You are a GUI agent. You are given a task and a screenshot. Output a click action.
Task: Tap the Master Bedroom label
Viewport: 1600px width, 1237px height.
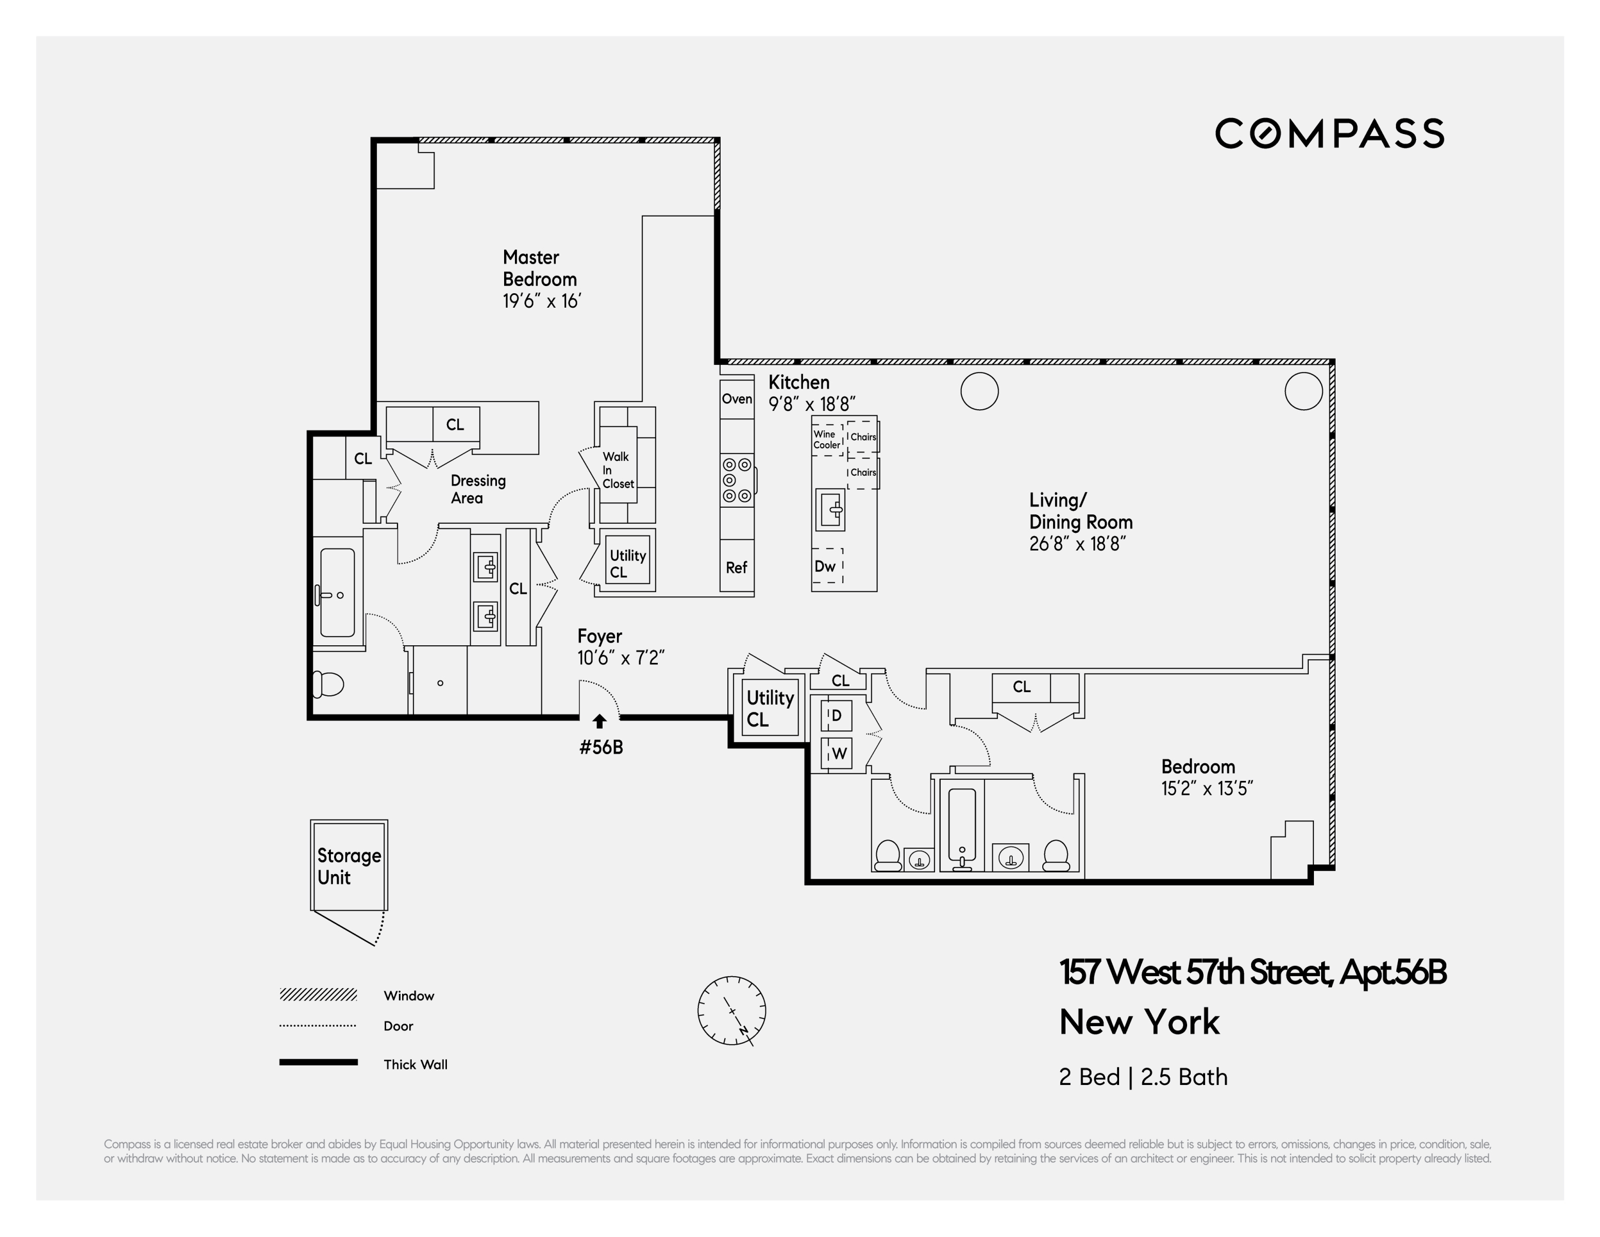(539, 268)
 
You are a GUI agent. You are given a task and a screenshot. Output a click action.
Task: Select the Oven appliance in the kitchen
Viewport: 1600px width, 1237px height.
(736, 399)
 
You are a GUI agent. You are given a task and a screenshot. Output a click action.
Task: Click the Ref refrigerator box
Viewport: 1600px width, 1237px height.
(736, 567)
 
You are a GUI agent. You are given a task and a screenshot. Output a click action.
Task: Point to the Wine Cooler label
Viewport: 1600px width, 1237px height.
(826, 440)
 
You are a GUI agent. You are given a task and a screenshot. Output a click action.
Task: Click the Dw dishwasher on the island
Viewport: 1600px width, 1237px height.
(826, 566)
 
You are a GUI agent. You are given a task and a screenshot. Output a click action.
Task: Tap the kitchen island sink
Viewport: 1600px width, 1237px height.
(831, 510)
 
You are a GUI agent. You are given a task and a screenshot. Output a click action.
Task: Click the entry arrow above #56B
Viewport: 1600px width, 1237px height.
(599, 722)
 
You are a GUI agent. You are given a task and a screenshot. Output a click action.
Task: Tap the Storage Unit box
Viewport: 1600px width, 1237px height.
(349, 866)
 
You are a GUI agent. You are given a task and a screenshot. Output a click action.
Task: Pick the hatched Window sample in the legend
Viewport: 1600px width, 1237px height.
(318, 995)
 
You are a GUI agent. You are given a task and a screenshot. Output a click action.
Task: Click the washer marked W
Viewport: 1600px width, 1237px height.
(838, 753)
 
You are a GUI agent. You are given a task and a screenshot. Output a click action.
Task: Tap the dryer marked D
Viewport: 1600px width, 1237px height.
(836, 715)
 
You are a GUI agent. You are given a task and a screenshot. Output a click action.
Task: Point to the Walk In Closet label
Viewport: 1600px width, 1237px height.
(618, 470)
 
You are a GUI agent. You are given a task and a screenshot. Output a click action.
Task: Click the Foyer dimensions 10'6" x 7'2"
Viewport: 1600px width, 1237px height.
(621, 658)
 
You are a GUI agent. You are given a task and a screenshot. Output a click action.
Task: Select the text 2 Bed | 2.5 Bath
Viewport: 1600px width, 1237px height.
(1143, 1077)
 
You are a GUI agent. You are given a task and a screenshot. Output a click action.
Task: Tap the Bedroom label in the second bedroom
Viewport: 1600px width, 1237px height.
(1198, 767)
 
